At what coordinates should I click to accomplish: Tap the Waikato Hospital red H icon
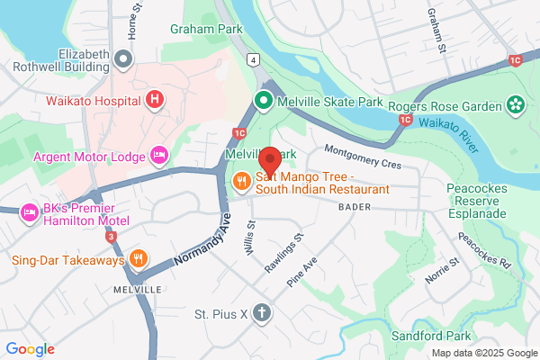point(156,99)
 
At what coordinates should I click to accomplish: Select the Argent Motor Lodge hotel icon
point(159,157)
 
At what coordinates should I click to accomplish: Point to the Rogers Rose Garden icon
point(516,106)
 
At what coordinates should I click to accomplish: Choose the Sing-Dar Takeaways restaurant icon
point(137,260)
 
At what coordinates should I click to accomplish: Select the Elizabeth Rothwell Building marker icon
point(124,59)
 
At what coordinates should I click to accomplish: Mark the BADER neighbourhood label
point(354,207)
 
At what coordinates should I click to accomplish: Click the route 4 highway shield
point(255,60)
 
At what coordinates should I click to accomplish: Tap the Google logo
point(31,348)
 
